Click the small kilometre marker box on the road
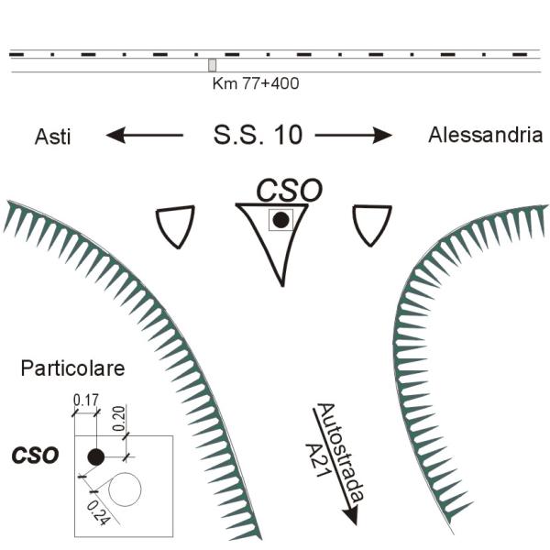point(213,65)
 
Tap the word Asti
point(53,136)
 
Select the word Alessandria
point(485,136)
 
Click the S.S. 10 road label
point(258,136)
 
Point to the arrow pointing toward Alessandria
point(354,136)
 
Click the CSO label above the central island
point(288,191)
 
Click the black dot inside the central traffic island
point(280,220)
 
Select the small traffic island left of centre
point(175,225)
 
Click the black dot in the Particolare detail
point(94,456)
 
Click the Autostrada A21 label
point(334,455)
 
